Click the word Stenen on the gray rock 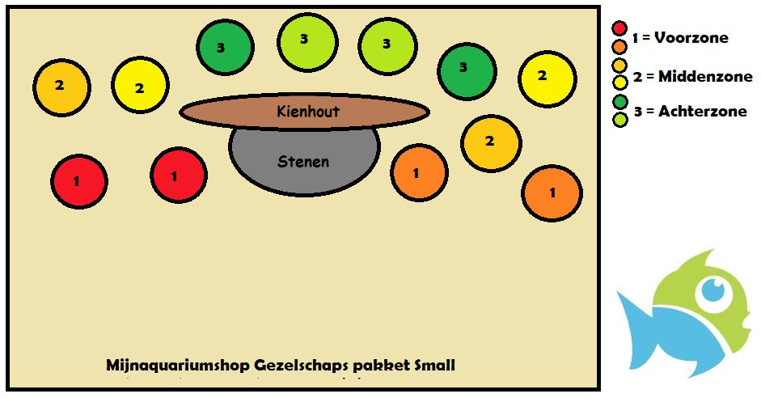303,162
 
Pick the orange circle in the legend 620,47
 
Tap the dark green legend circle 620,103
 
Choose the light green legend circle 620,119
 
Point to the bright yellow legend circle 620,82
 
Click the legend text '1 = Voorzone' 680,38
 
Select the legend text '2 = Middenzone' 693,77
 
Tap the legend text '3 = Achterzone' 690,112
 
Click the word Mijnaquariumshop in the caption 177,366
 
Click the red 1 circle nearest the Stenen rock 179,176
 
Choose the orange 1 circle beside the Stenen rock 419,172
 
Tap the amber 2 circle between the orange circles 490,142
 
